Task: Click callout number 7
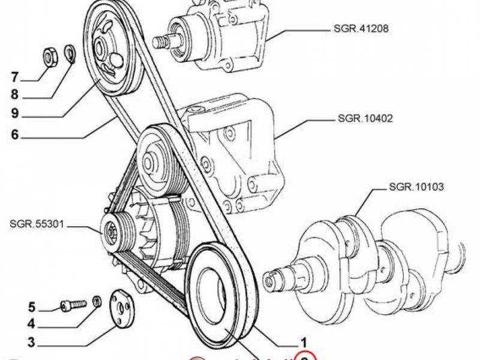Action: [15, 77]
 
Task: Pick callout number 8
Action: [15, 95]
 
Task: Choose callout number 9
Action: [15, 113]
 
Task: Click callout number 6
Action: [15, 135]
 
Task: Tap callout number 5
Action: [32, 308]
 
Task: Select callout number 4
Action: [32, 326]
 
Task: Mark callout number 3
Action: [32, 344]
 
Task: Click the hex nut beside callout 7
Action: [50, 56]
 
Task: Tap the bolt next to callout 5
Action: [70, 305]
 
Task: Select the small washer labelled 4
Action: [96, 299]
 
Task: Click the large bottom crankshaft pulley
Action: [219, 297]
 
